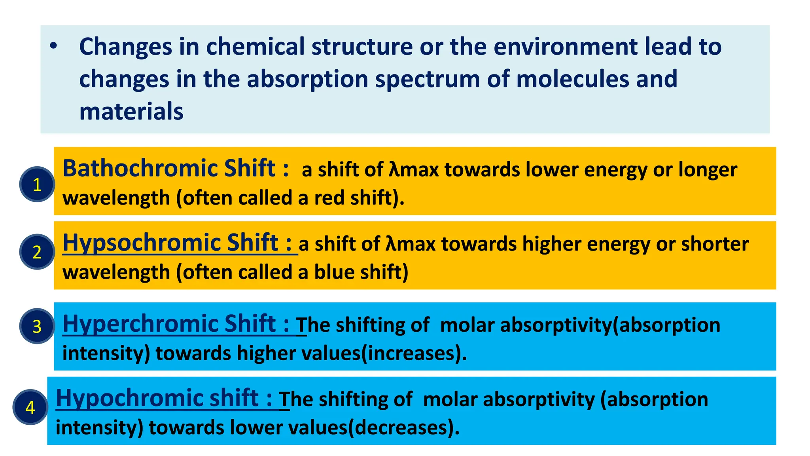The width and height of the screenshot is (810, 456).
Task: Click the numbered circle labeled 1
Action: tap(37, 184)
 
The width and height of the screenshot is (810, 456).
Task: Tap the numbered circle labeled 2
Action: tap(37, 252)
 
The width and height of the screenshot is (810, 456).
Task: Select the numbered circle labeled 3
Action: tap(37, 326)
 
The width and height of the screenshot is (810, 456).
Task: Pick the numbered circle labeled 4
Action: tap(30, 407)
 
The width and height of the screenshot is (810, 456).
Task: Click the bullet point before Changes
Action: tap(53, 47)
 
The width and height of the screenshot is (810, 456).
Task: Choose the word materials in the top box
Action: tap(131, 111)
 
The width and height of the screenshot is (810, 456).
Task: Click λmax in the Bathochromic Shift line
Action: tap(414, 170)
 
